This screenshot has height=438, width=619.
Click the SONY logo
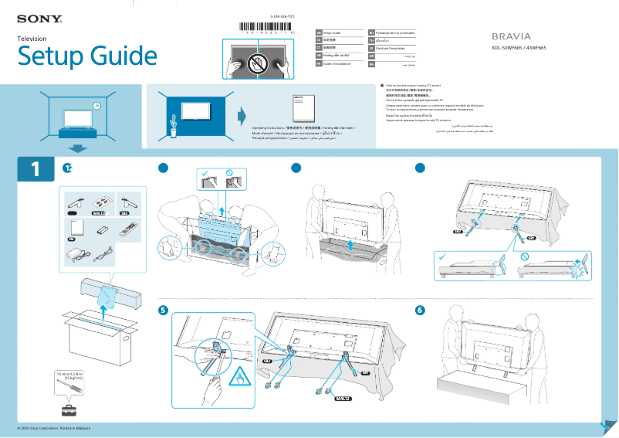coord(39,18)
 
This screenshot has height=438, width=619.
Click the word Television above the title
coord(32,39)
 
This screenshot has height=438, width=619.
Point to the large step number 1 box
coord(36,169)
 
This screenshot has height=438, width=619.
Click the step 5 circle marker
coord(163,311)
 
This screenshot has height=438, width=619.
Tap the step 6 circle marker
coord(420,311)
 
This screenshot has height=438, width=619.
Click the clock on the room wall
coord(96,106)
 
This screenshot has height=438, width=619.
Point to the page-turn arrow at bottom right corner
coord(606,427)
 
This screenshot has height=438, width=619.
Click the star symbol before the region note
coord(381,86)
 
